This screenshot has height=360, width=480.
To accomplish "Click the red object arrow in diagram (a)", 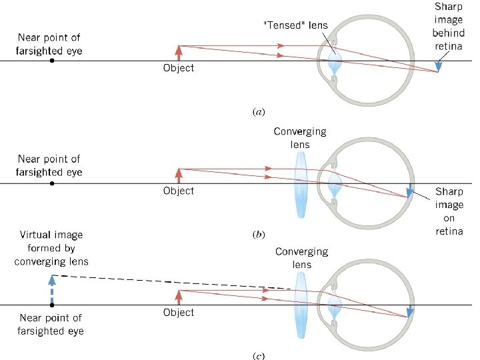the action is tap(179, 53).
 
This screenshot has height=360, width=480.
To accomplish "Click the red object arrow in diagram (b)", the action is tap(179, 175).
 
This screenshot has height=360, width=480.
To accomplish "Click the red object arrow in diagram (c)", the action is tap(179, 297).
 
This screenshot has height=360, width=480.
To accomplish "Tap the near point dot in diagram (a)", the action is tap(53, 61).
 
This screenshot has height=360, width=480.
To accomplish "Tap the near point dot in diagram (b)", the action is tap(53, 183).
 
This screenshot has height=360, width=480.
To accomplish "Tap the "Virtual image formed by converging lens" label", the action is tap(51, 249).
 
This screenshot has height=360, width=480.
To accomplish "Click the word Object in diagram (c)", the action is tap(179, 313).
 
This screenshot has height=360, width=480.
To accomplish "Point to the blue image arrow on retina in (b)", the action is tap(411, 189).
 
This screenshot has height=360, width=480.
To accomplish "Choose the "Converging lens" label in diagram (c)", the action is tap(301, 257).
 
